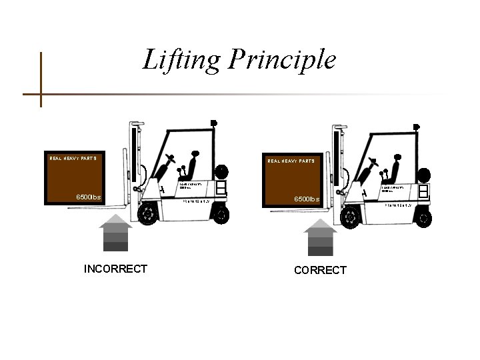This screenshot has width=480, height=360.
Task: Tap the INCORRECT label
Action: click(115, 269)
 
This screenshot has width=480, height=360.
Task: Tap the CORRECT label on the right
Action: click(319, 270)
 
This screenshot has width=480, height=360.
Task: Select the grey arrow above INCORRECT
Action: click(116, 233)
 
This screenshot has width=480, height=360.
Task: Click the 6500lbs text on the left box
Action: click(88, 197)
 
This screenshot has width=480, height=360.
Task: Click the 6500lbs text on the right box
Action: click(309, 199)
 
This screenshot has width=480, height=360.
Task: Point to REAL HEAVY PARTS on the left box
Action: click(73, 159)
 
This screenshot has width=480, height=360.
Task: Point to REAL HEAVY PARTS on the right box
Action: click(291, 161)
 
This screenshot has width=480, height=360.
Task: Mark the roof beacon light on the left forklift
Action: click(213, 122)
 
